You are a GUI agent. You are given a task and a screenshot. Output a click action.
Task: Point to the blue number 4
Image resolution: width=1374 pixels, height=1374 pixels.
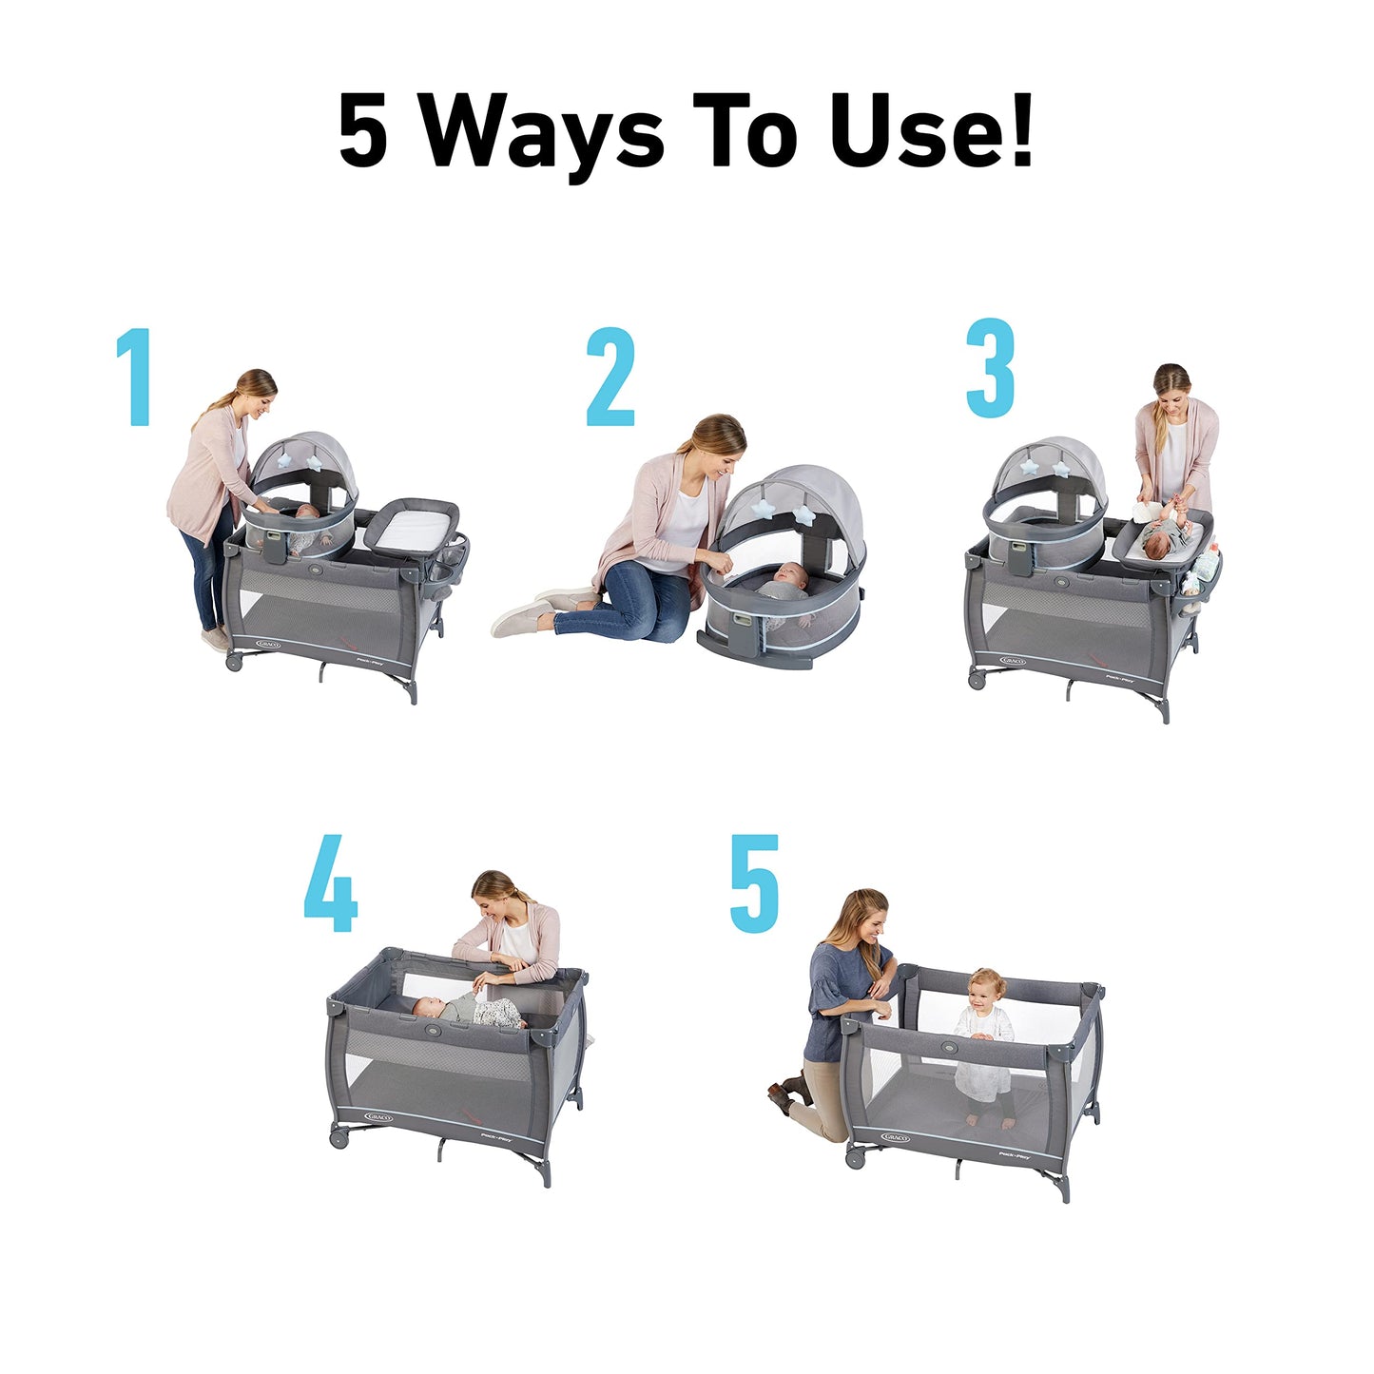coord(331,883)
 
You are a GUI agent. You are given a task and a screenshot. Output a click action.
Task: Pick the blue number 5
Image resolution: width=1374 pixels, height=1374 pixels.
coord(755,883)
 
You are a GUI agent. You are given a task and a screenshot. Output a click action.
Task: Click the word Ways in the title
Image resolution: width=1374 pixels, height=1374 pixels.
coord(542,133)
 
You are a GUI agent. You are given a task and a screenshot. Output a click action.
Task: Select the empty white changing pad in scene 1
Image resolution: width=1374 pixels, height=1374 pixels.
coord(411,530)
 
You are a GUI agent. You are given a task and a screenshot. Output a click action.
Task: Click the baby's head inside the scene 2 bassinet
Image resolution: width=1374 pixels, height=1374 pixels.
coord(789,573)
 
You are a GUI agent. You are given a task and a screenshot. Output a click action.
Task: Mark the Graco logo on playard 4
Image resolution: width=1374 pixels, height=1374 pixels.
coord(377,1116)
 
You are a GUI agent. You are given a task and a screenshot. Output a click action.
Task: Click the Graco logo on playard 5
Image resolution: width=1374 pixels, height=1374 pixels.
coord(895,1137)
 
